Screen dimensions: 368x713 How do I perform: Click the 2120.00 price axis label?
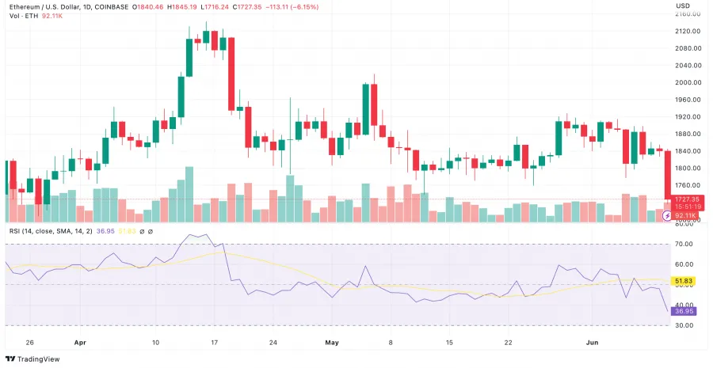(688, 31)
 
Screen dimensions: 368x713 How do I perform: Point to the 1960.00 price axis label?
(688, 100)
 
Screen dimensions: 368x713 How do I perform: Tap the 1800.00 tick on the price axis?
(688, 168)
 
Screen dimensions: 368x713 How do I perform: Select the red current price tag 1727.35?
(686, 199)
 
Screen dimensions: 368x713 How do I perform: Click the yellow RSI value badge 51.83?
(684, 281)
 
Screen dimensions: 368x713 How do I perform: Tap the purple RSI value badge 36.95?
(684, 311)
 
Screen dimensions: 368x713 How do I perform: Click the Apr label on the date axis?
(79, 343)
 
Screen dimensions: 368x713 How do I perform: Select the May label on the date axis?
(331, 343)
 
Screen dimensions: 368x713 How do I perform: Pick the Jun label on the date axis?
(593, 343)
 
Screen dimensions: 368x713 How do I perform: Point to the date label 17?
(214, 343)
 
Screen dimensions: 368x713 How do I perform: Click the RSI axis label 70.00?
(684, 244)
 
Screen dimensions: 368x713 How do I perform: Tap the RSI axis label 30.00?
(684, 325)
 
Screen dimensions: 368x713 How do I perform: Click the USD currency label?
(682, 6)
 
